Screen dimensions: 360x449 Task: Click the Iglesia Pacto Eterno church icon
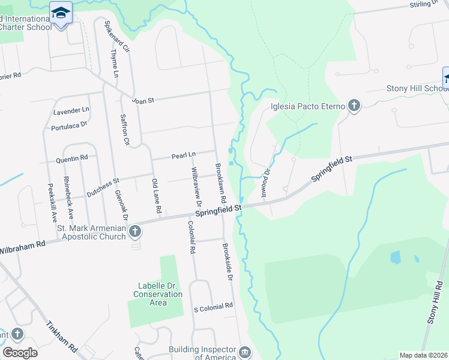[x=354, y=106]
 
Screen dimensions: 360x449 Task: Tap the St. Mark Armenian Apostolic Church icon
[x=135, y=232]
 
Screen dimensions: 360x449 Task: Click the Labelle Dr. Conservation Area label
[x=158, y=294]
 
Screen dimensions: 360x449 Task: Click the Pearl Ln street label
[x=184, y=155]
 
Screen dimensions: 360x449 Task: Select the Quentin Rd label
[x=72, y=158]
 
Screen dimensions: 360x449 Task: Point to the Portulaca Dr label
[x=70, y=125]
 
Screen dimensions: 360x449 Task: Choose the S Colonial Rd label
[x=213, y=306]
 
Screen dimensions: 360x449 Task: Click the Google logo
[x=20, y=352]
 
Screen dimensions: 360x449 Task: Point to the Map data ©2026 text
[x=423, y=355]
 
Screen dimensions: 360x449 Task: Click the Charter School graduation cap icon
[x=61, y=12]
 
